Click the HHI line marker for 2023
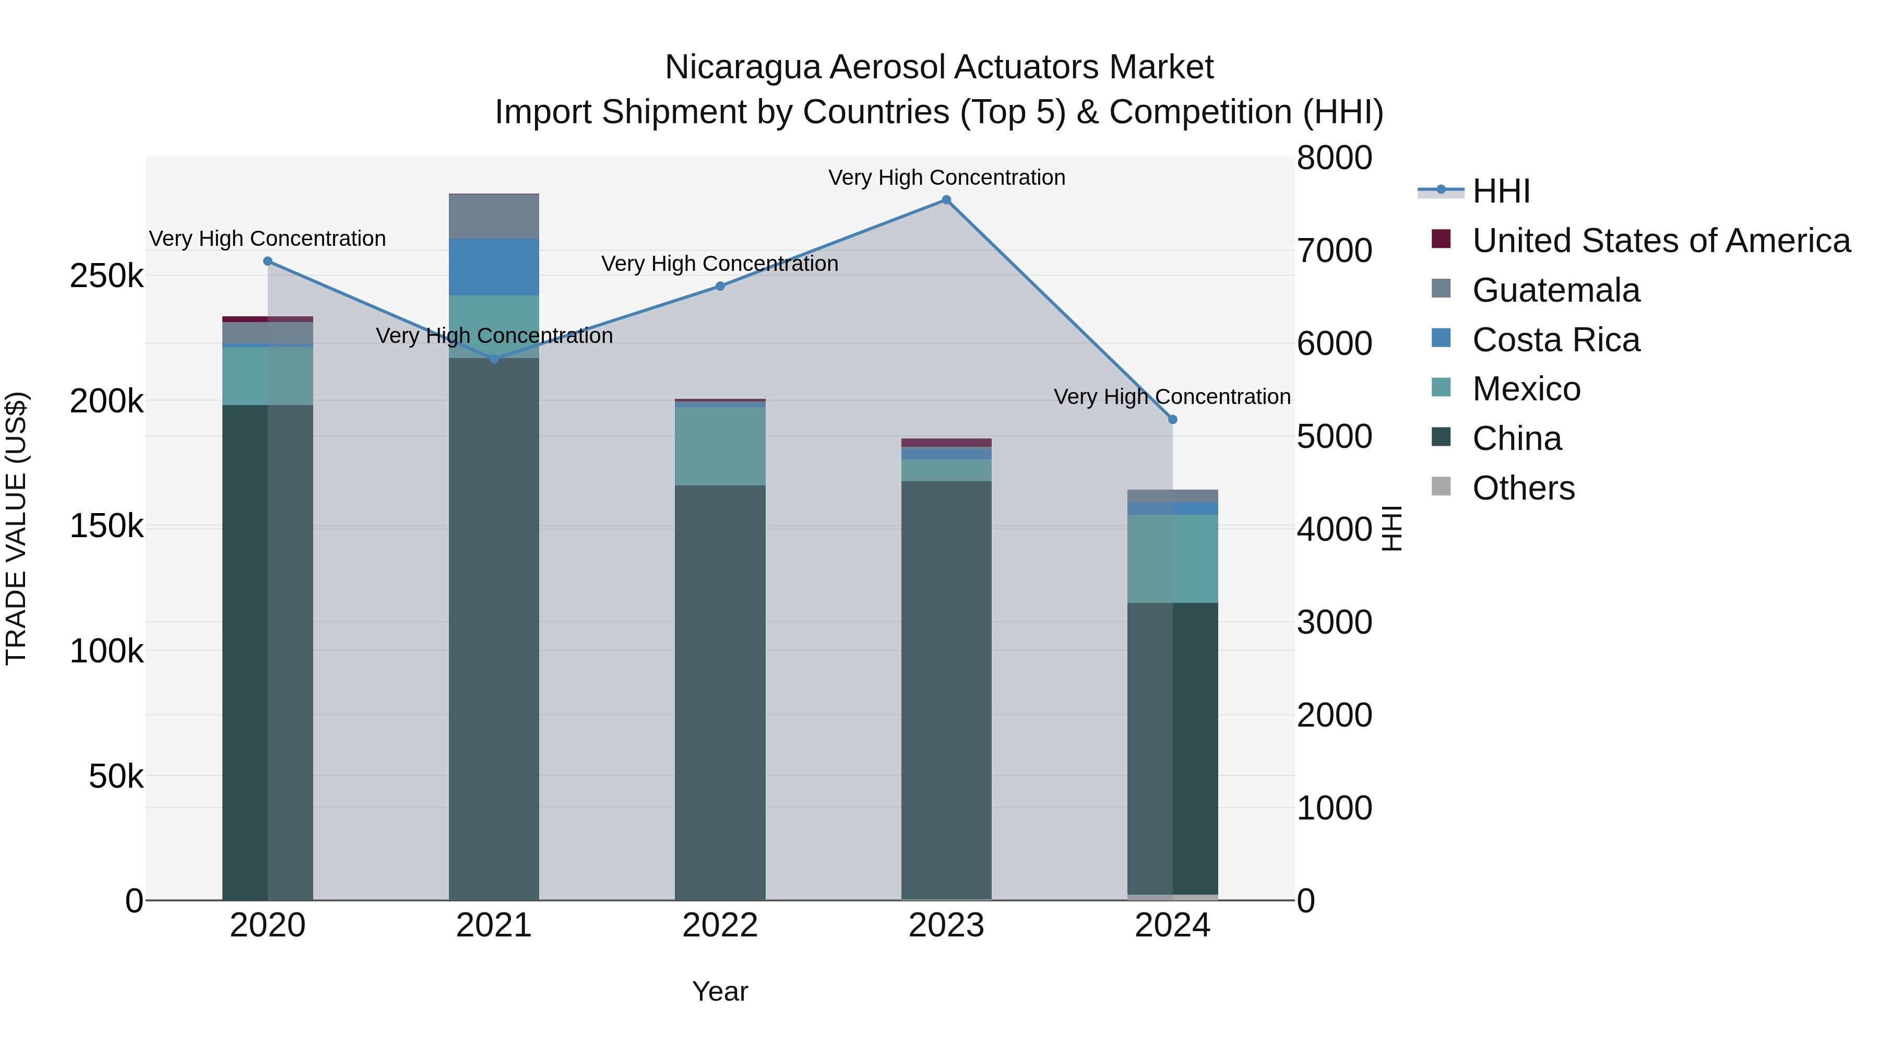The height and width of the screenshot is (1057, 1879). tap(946, 200)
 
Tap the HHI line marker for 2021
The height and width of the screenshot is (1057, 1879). tap(494, 359)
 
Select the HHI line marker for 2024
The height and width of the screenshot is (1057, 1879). tap(1172, 420)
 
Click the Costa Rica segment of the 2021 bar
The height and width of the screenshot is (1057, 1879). tap(494, 267)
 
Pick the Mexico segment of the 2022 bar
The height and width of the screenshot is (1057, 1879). tap(720, 446)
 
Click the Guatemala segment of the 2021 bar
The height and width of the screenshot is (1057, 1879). tap(494, 217)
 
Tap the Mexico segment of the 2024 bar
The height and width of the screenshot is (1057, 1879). tap(1172, 559)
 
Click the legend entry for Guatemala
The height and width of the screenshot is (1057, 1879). tap(1555, 290)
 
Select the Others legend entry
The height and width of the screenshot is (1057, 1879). tap(1523, 488)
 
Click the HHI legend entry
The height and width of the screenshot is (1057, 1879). tap(1501, 191)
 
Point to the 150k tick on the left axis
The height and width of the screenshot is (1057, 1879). tap(106, 526)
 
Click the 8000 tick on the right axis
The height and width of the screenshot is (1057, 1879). tap(1334, 158)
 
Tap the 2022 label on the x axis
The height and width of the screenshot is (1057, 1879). tap(720, 925)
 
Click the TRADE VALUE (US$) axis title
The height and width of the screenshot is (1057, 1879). tap(16, 528)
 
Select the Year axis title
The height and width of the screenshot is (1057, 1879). tap(720, 991)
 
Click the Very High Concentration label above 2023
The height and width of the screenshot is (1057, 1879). tap(946, 177)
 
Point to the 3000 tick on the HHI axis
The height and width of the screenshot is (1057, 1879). tap(1334, 622)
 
